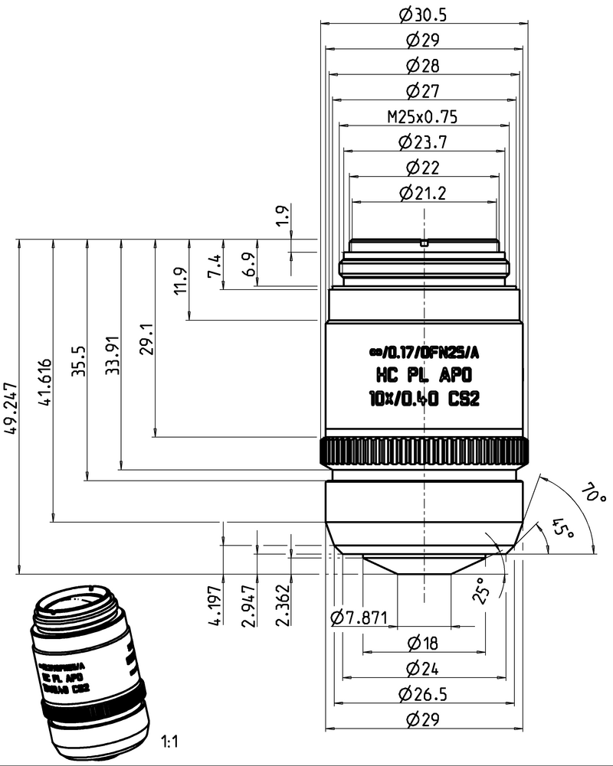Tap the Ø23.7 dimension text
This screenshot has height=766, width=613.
(x=425, y=142)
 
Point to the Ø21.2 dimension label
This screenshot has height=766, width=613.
(x=425, y=193)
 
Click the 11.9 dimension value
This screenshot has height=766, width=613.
(x=180, y=280)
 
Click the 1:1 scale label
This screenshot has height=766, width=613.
(x=169, y=742)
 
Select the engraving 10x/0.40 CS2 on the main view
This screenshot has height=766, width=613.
(x=424, y=398)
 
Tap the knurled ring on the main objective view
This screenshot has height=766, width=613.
(x=424, y=452)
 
